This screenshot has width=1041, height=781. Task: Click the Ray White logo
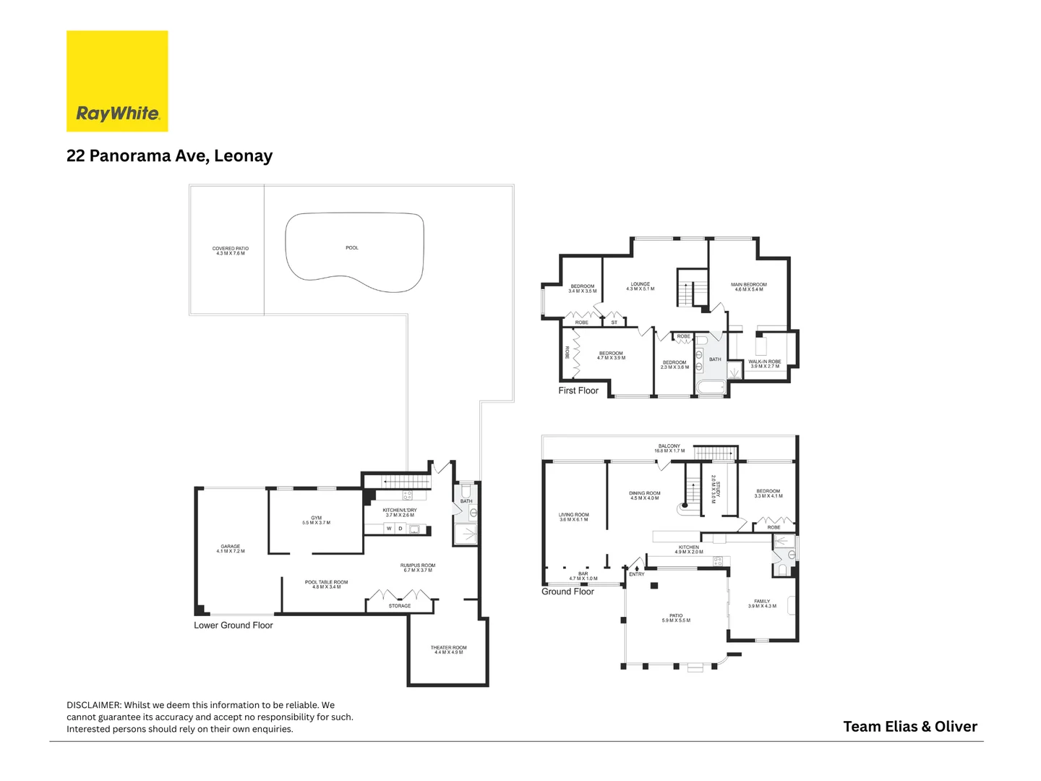click(117, 81)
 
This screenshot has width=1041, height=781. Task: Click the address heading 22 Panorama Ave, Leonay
click(169, 156)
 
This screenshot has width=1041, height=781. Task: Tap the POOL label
click(352, 248)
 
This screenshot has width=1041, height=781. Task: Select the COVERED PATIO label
click(231, 251)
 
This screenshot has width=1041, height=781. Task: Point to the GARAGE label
click(231, 549)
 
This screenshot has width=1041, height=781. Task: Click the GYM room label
click(316, 520)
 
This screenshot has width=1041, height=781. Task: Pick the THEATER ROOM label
click(448, 650)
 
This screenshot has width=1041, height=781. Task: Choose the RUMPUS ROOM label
click(418, 568)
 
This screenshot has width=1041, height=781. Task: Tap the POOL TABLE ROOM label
click(326, 584)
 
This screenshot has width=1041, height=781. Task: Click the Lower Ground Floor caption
click(234, 626)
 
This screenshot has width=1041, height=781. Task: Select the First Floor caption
click(578, 390)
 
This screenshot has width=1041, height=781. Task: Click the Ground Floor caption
click(567, 592)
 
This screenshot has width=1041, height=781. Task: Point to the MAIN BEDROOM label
click(749, 287)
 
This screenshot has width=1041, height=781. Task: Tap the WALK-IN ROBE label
click(765, 364)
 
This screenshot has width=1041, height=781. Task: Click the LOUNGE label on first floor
click(640, 286)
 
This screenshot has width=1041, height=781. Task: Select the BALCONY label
click(669, 448)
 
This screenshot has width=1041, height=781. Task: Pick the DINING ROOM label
click(644, 495)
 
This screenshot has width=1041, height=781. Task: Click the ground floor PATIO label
click(676, 618)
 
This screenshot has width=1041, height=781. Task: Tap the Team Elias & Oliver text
click(910, 727)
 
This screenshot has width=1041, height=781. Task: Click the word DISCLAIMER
click(93, 705)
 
